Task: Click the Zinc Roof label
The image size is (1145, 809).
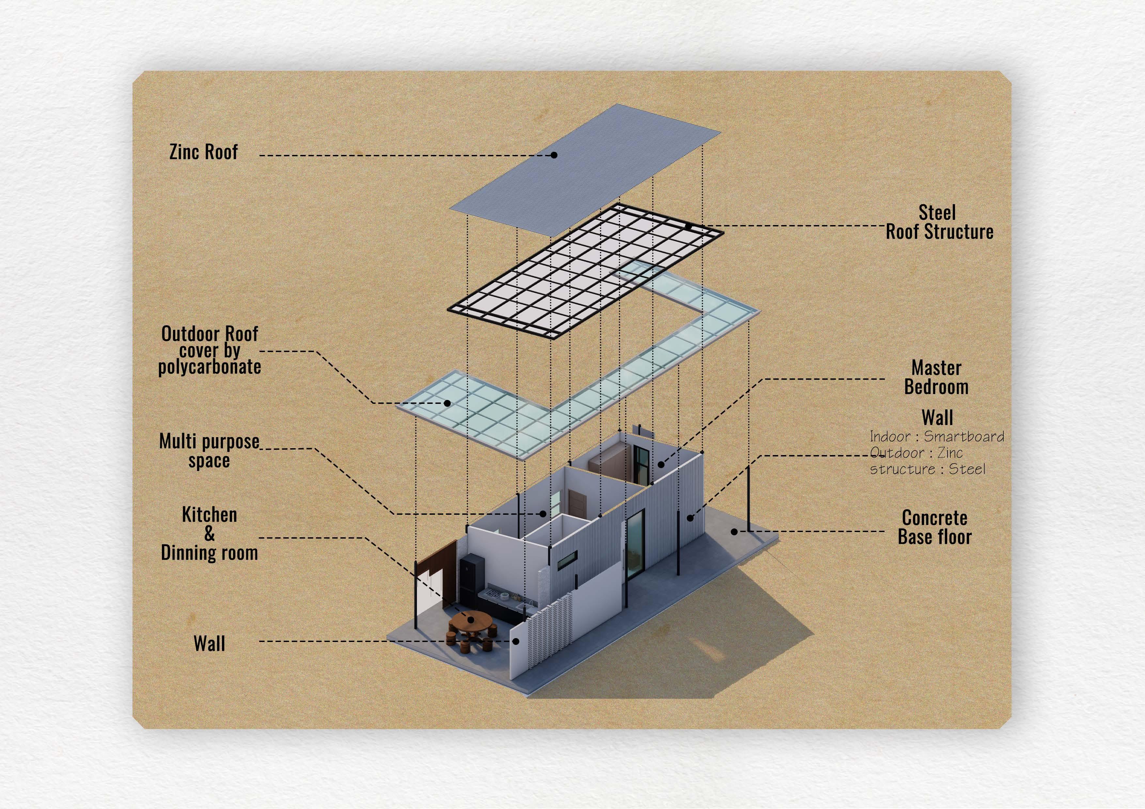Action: point(203,152)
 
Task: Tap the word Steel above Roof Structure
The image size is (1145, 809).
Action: point(937,213)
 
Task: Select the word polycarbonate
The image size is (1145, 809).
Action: point(210,367)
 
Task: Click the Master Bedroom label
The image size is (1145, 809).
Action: point(936,377)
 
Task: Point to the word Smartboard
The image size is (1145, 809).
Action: point(964,437)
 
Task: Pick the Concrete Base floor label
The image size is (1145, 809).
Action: point(934,527)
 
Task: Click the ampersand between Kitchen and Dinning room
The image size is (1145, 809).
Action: point(210,534)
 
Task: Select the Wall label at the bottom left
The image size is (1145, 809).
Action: point(210,644)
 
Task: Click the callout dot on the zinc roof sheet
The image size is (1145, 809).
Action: point(554,155)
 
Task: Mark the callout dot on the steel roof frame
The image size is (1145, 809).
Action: point(688,226)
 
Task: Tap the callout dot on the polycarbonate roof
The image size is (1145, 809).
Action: point(447,403)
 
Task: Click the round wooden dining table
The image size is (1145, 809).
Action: point(470,620)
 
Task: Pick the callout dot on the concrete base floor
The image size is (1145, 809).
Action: point(734,532)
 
